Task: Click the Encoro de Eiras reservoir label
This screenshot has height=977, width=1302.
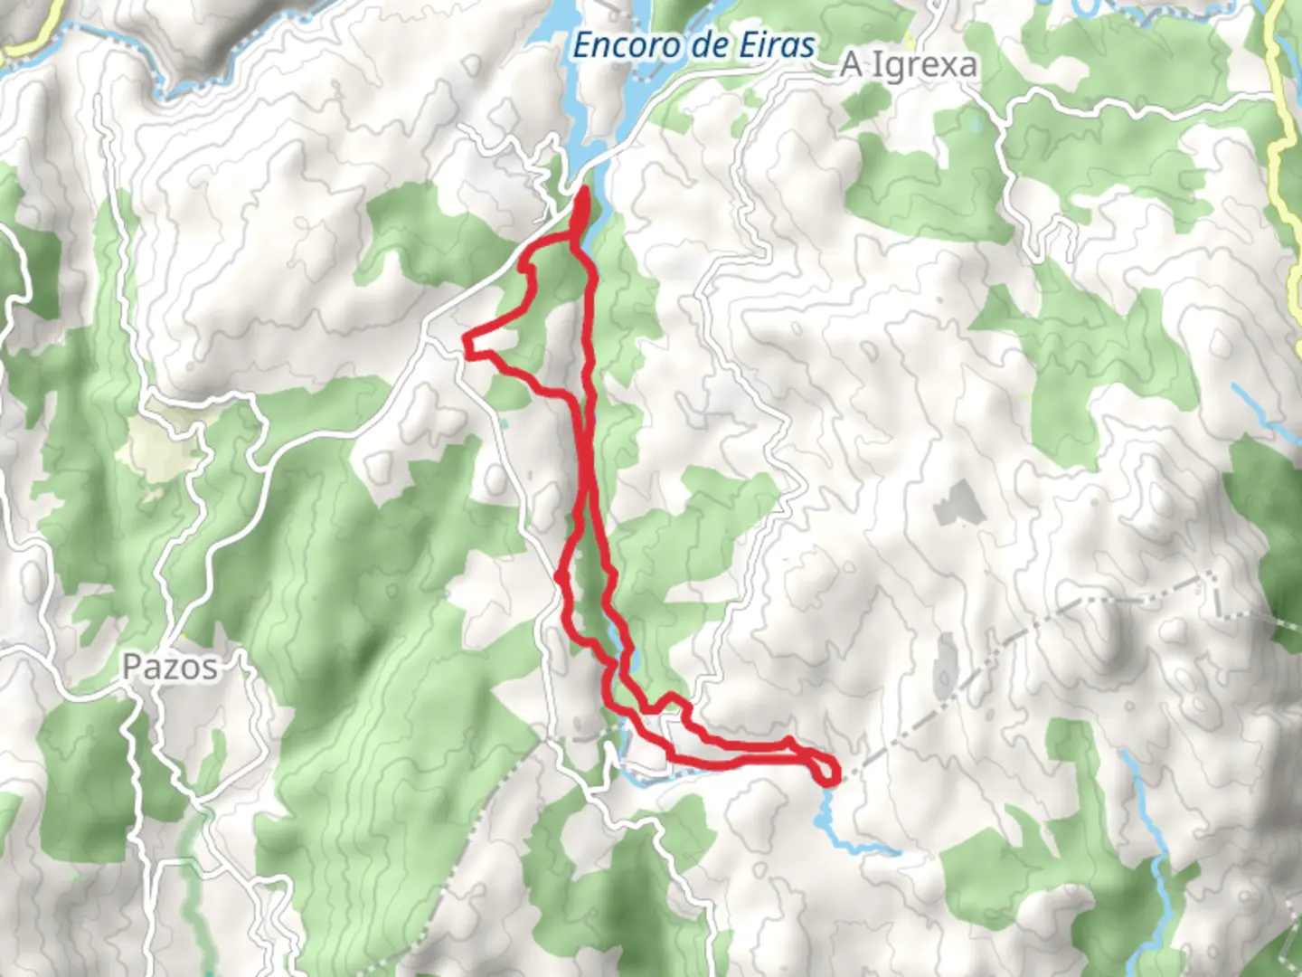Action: click(693, 45)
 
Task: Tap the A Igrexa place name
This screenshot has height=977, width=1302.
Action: click(910, 65)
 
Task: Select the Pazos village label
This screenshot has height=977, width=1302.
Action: click(170, 667)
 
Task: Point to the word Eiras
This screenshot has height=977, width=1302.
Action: click(778, 45)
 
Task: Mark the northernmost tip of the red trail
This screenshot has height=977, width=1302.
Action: click(582, 189)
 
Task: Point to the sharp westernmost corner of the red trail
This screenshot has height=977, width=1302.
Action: click(466, 340)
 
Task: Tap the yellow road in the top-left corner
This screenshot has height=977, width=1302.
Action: click(36, 32)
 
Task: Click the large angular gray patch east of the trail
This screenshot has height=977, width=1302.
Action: click(954, 502)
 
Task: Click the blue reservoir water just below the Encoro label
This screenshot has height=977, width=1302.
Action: click(588, 100)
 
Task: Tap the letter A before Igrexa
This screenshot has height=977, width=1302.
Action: click(851, 65)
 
